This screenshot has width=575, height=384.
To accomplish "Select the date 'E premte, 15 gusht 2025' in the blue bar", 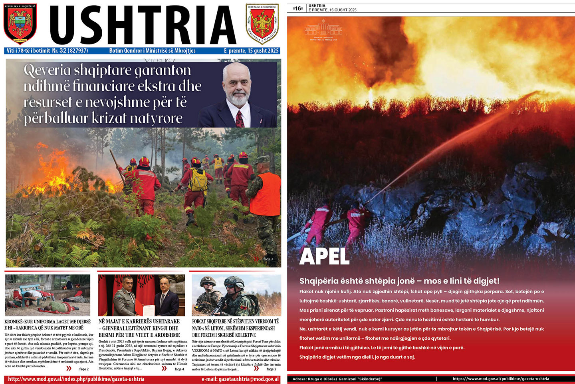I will [x=251, y=51].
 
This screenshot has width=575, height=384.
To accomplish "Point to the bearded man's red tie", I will [x=240, y=119].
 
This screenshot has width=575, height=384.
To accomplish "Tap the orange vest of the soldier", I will [x=265, y=194].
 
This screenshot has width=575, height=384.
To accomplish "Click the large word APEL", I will [x=324, y=256].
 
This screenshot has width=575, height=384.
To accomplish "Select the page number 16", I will [x=298, y=8].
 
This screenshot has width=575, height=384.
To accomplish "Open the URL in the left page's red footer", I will [x=76, y=379].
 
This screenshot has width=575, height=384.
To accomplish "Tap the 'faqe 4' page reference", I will [x=179, y=369].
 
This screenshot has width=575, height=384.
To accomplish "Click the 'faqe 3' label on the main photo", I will [x=268, y=259].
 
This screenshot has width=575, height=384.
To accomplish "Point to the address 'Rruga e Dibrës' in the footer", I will [x=337, y=379].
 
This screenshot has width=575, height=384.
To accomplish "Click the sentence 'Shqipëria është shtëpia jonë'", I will [x=399, y=281].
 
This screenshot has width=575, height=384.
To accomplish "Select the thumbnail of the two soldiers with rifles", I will [x=236, y=295].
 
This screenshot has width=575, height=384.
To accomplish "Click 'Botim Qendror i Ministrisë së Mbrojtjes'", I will [x=152, y=51].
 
